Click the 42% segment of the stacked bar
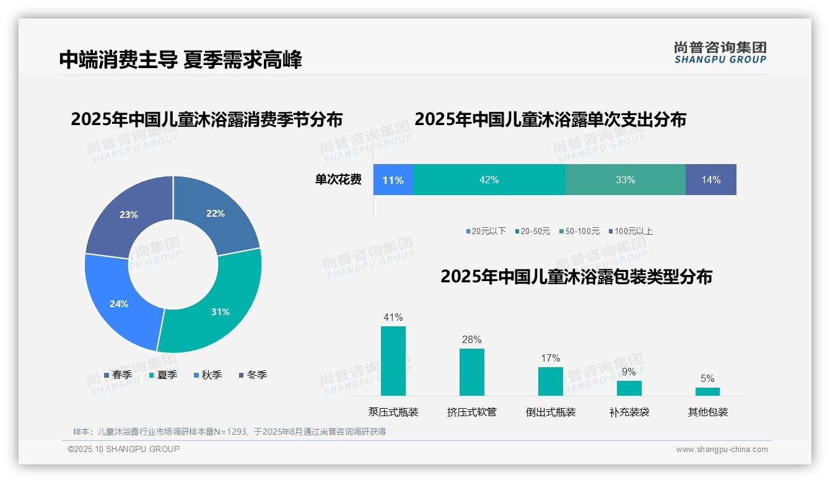(489, 180)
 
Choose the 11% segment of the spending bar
(393, 180)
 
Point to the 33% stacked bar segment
(626, 180)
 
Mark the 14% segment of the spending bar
(711, 180)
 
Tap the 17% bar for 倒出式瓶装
(551, 381)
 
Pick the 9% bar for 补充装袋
(629, 388)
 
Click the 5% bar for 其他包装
(707, 391)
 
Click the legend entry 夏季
(164, 375)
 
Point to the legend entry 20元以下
(486, 231)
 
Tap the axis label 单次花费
(338, 180)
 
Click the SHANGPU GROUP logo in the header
(720, 53)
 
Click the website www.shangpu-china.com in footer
(722, 450)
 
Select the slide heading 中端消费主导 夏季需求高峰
(181, 60)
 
